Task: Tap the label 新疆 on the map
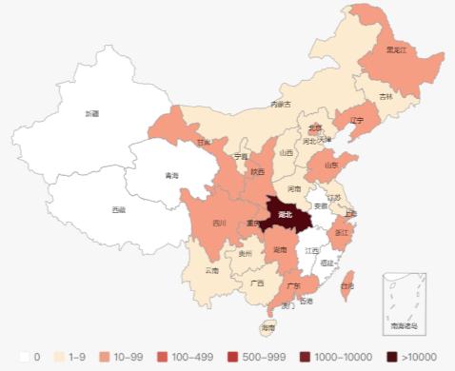click(x=91, y=113)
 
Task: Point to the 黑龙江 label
click(x=397, y=49)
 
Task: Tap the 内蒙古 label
click(x=280, y=104)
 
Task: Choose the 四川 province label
click(x=219, y=224)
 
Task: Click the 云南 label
click(x=211, y=270)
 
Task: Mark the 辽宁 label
click(x=356, y=121)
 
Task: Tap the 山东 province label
click(x=330, y=165)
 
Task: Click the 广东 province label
click(x=294, y=284)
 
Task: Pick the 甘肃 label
click(x=204, y=143)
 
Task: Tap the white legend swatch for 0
click(x=26, y=357)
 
